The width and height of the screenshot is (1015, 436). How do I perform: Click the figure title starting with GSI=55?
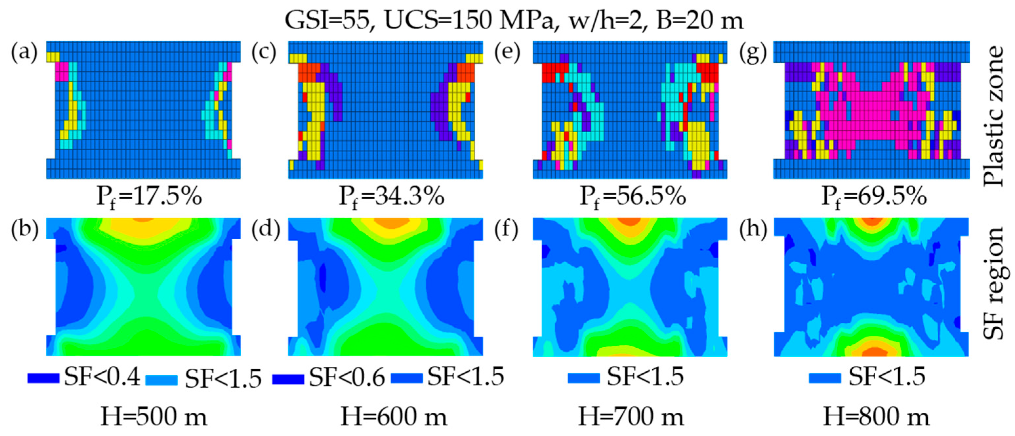(x=514, y=20)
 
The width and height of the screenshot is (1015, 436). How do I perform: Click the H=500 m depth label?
(x=154, y=417)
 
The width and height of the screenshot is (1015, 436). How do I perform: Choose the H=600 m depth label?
(x=394, y=417)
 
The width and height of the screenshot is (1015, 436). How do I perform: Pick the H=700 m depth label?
(x=631, y=417)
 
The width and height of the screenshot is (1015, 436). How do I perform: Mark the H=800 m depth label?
(x=877, y=417)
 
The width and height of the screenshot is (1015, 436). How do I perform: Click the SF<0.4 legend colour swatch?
(x=43, y=378)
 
